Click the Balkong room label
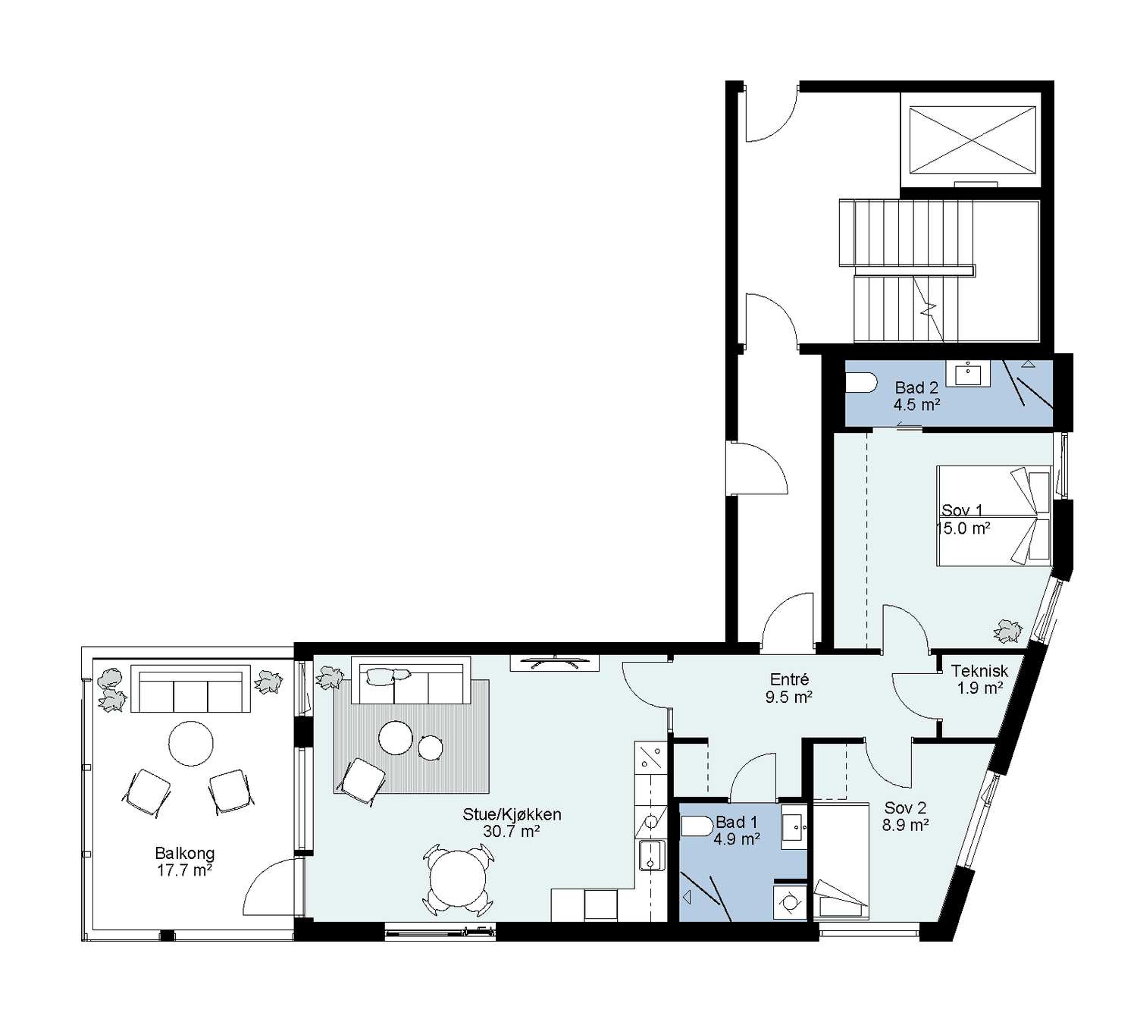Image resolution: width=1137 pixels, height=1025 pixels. coord(184,861)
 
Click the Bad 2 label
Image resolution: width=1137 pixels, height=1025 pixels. coord(916,387)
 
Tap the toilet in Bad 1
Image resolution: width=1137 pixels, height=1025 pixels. coord(697,826)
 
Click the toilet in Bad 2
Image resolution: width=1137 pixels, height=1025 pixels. coord(861,382)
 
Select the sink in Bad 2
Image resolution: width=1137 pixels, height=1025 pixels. coord(969,374)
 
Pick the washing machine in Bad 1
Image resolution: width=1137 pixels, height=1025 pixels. coord(790,901)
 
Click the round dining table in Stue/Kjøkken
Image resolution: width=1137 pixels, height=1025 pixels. coord(457,879)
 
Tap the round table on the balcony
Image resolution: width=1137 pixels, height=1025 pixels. coord(191,743)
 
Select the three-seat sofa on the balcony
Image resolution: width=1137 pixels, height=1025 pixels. coord(190,689)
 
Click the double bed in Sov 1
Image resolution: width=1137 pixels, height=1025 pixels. coord(994,516)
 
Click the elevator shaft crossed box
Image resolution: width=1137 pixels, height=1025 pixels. coord(973,139)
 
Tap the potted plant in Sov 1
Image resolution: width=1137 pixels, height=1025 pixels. coord(1007,632)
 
